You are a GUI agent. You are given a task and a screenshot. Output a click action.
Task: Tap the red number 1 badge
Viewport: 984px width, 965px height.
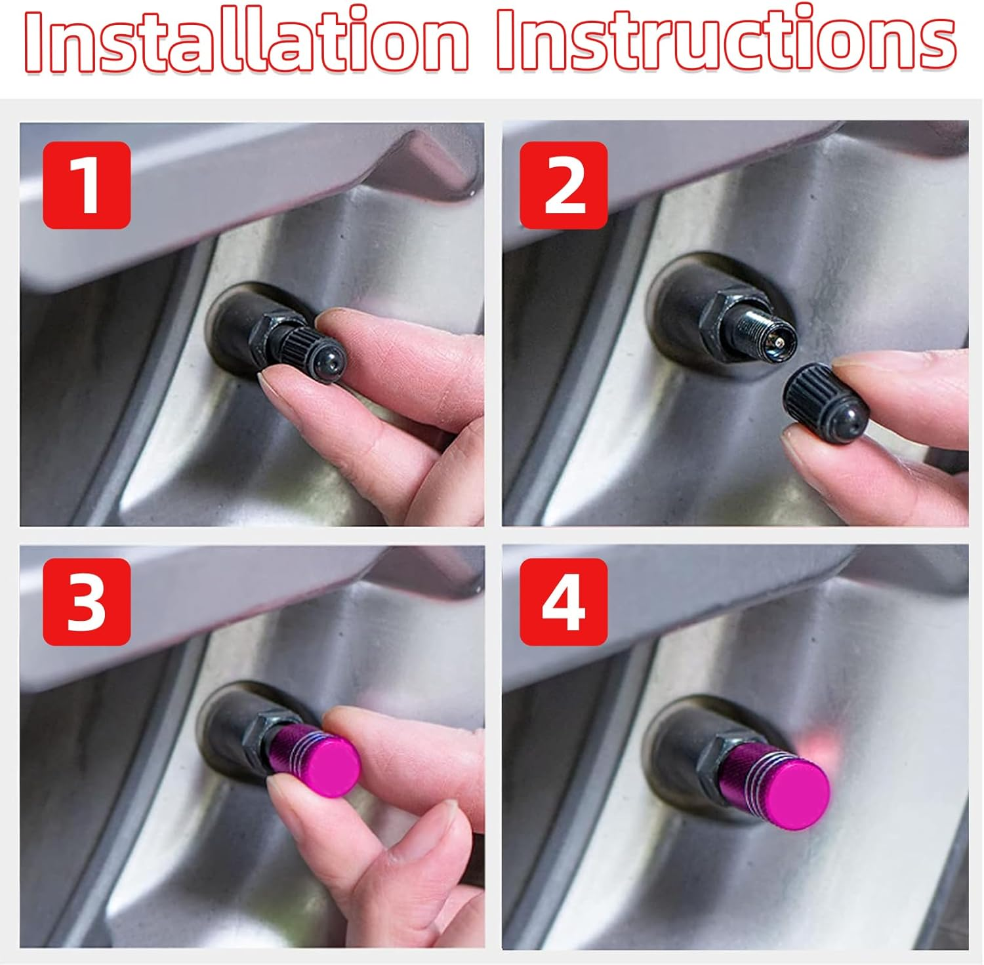tap(87, 185)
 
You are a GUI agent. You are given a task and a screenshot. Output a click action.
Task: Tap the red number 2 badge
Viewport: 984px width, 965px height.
tap(564, 185)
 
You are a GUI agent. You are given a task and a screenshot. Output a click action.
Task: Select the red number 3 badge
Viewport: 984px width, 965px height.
tap(87, 602)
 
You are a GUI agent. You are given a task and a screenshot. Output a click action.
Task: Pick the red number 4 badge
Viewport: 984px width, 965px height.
tap(564, 602)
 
